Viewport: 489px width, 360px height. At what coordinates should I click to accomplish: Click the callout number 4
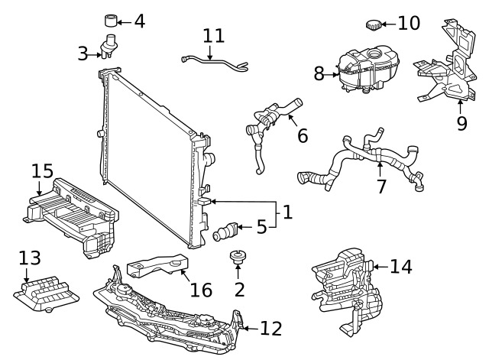pyautogui.click(x=139, y=21)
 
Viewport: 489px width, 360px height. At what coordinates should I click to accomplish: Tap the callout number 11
pyautogui.click(x=214, y=36)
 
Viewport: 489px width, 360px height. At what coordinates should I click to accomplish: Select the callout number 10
pyautogui.click(x=409, y=23)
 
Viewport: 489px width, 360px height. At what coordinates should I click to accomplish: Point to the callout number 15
pyautogui.click(x=43, y=170)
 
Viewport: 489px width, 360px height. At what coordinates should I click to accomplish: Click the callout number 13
pyautogui.click(x=29, y=258)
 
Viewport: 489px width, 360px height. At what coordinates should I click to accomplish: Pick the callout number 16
pyautogui.click(x=201, y=290)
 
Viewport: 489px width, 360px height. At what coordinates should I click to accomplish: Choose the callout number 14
pyautogui.click(x=400, y=266)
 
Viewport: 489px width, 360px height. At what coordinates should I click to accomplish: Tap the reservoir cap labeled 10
pyautogui.click(x=373, y=26)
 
